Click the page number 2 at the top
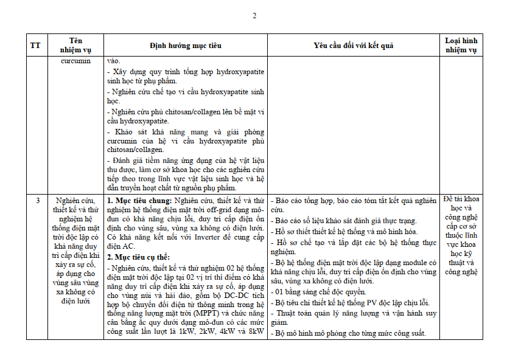(255, 15)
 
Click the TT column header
(36, 46)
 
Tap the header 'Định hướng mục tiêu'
(186, 46)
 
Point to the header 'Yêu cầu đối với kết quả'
(354, 46)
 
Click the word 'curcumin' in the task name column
(76, 61)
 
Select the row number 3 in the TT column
(38, 200)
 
